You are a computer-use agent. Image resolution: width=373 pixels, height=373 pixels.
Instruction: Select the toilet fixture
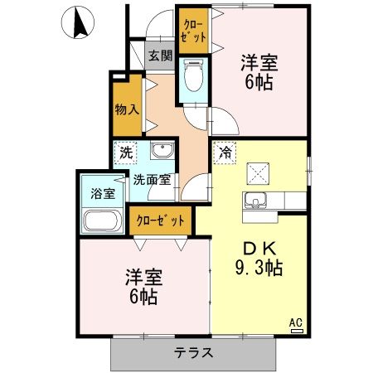192,79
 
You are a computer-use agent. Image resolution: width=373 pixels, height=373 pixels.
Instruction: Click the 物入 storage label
127,108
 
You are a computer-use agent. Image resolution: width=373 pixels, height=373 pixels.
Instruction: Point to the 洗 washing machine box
125,153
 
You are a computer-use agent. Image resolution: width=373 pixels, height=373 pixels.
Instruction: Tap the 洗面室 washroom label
153,178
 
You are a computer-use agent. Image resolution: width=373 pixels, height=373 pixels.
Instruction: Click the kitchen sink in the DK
254,201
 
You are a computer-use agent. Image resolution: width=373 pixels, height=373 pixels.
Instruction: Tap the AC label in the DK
295,323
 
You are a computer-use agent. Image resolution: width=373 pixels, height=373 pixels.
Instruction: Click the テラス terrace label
194,351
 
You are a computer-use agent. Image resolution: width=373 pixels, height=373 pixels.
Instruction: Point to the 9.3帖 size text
258,268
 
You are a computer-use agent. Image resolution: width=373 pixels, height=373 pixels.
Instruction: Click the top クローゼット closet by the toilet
192,31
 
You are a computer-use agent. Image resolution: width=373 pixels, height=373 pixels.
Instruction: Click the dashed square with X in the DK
259,173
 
